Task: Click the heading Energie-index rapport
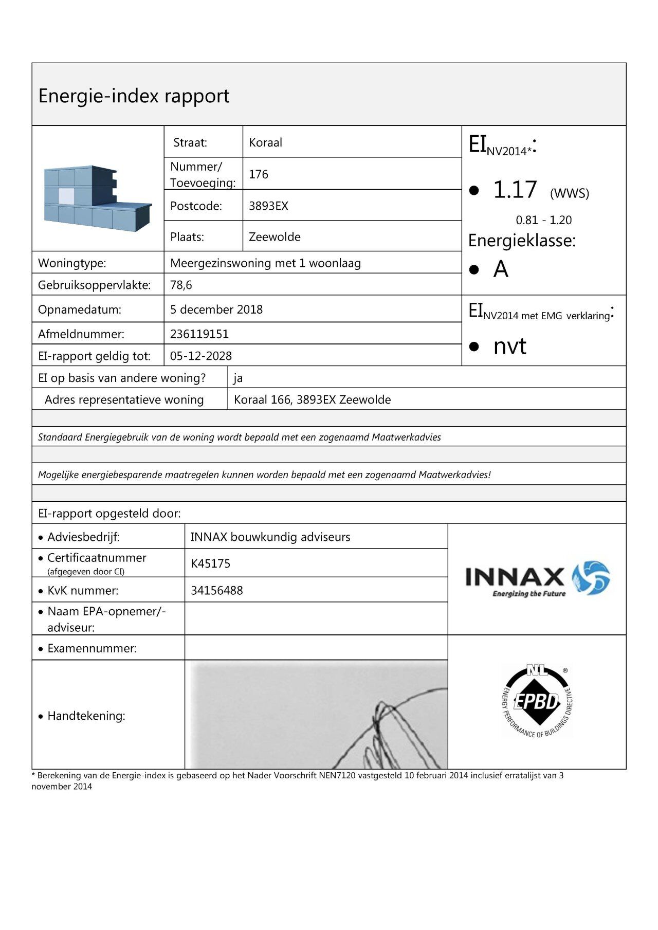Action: pos(134,96)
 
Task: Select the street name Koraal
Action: pos(265,142)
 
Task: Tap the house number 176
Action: pos(258,174)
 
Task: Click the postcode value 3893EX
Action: pos(268,206)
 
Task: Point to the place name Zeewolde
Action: pos(275,237)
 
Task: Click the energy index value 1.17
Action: pos(515,190)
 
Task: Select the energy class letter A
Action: pos(501,269)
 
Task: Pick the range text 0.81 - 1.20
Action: pos(543,220)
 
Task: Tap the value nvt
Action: pos(509,347)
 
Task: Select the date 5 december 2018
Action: pos(216,309)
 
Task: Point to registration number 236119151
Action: pos(199,334)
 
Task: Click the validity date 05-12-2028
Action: pos(201,356)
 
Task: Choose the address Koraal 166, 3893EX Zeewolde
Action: pos(312,400)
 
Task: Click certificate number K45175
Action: pos(210,563)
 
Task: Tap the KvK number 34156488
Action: pos(216,590)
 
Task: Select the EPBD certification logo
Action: pos(537,702)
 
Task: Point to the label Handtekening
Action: pos(86,716)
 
